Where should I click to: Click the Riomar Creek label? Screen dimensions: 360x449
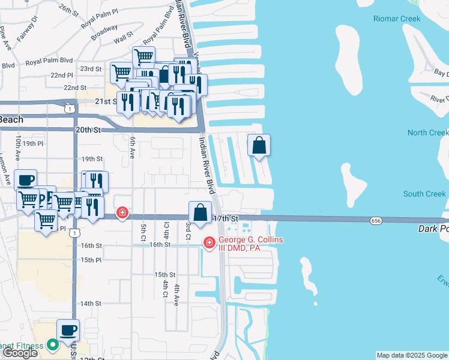396,19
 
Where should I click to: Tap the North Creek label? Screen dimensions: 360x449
427,133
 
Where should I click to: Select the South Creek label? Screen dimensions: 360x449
424,194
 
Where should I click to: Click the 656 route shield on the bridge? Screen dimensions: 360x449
376,221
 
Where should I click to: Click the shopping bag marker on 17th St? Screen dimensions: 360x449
200,212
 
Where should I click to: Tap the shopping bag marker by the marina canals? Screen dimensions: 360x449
259,145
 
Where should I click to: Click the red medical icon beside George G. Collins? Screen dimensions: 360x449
209,243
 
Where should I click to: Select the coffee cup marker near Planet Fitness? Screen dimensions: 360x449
68,331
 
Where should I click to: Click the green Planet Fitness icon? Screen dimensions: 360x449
52,345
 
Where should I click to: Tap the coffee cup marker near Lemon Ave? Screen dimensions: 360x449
25,180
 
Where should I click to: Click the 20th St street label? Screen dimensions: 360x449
88,130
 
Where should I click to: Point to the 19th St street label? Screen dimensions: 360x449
92,159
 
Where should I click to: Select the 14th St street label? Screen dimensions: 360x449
91,304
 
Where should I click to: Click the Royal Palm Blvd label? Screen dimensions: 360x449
49,61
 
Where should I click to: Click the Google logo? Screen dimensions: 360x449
20,353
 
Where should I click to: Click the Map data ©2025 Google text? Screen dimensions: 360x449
411,355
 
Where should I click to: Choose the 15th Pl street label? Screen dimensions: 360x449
91,260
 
